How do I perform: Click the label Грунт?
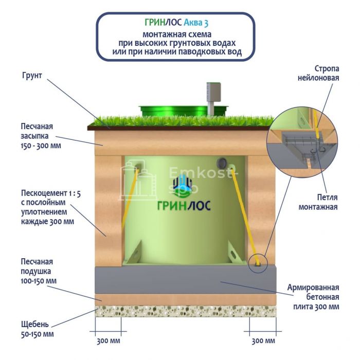coord(32,76)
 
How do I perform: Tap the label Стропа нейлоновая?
coord(318,73)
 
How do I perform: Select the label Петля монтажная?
coord(318,202)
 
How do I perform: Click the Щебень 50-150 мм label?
coord(37,329)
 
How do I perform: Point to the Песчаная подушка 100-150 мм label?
coord(39,271)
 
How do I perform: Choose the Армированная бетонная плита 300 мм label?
coord(313,297)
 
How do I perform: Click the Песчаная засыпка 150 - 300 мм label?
coord(41,136)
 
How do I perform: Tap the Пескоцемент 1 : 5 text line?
coord(51,193)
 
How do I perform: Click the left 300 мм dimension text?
coord(109,341)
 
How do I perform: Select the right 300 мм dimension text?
coord(263,341)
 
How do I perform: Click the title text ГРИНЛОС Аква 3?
coord(176,23)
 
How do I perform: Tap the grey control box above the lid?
coord(213,92)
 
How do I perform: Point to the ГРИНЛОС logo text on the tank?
coord(184,206)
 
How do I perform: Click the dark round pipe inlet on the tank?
coord(222,163)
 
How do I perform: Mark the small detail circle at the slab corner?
coord(258,263)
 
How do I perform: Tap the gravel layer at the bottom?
coord(186,311)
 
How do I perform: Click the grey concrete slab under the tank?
coord(186,280)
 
